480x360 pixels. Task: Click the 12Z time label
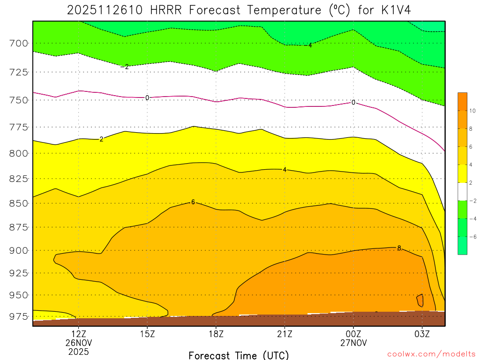pos(78,334)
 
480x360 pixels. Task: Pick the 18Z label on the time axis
pos(216,334)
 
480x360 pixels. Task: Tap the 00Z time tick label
pos(353,334)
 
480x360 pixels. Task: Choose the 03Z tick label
pos(422,334)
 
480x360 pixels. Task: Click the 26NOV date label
pos(78,343)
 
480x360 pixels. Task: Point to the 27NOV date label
pos(353,343)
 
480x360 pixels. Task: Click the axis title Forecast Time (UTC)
pos(239,355)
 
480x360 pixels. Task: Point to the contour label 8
pos(399,248)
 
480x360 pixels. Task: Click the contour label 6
pos(193,202)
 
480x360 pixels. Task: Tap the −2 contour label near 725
pos(125,67)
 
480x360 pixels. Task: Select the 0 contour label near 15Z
pos(147,97)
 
